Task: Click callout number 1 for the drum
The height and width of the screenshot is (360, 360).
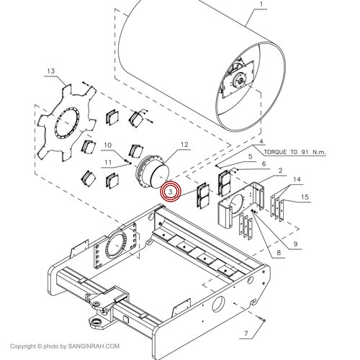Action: point(261,4)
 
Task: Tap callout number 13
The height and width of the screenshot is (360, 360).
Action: point(51,71)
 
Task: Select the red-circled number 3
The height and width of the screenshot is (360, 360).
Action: point(171,192)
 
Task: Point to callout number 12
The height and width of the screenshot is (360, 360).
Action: point(184,145)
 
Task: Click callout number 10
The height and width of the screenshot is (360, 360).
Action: point(108,145)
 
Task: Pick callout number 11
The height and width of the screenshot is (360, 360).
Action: point(108,163)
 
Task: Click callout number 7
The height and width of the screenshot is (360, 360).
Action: point(246,333)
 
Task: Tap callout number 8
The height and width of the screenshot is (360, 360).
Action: point(279,253)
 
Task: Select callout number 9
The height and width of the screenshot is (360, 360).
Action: point(295,244)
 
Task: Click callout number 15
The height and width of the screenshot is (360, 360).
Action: point(305,197)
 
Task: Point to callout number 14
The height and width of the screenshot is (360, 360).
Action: point(297,179)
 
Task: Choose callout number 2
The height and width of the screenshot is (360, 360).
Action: point(280,171)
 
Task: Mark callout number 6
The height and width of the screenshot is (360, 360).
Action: point(264,163)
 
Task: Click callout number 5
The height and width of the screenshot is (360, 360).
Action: point(250,157)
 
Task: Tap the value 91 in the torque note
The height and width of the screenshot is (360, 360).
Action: point(305,152)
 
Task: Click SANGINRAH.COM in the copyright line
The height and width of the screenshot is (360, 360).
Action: point(94,346)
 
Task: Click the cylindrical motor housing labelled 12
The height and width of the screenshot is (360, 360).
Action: point(153,172)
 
